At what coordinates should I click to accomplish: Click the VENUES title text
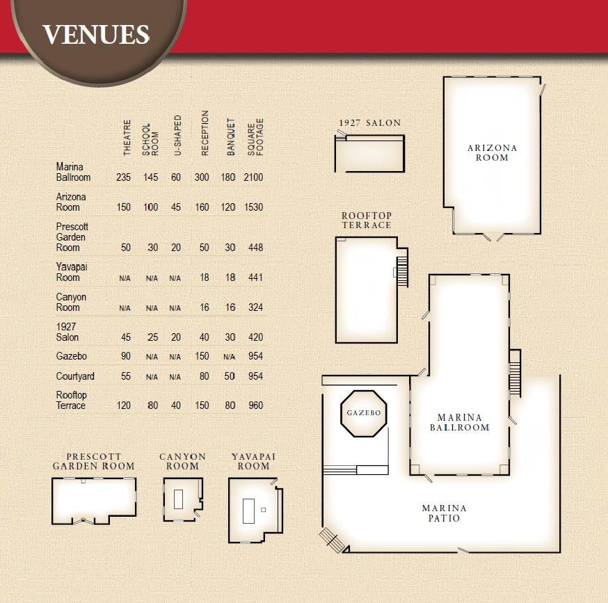pos(96,34)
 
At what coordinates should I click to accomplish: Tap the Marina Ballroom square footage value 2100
pos(253,177)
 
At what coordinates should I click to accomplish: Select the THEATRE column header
pos(127,138)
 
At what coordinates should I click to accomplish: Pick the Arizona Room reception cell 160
pos(202,207)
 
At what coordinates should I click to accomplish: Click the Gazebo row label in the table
pos(72,356)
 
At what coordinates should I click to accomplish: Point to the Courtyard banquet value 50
pos(230,376)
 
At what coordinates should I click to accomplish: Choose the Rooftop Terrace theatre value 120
pos(124,405)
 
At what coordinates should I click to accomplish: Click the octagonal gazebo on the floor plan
pos(363,413)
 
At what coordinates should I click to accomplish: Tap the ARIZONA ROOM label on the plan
pos(492,153)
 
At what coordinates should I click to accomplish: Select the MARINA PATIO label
pos(444,513)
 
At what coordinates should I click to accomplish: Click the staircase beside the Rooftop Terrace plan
pos(402,271)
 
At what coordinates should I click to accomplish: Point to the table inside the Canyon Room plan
pos(178,499)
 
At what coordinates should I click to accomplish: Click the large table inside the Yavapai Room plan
pos(248,511)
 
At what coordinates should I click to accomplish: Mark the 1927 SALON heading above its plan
pos(370,123)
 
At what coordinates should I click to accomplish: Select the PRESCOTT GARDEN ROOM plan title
pos(93,461)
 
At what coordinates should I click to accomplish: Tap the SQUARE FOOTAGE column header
pos(255,137)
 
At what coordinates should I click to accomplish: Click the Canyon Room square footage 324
pos(255,307)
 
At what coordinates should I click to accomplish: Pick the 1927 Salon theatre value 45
pos(126,337)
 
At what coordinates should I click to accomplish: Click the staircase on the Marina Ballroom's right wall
pos(515,373)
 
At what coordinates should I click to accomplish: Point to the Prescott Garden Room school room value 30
pos(153,248)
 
